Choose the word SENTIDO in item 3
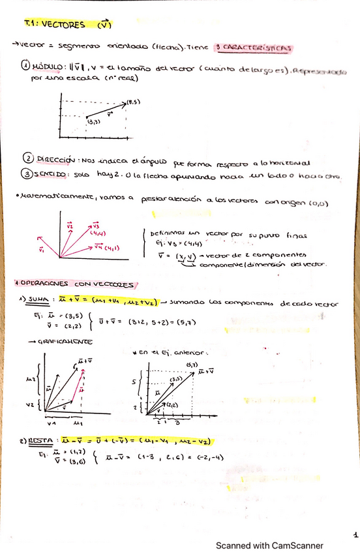pyautogui.click(x=52, y=174)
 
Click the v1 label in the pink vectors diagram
pyautogui.click(x=42, y=248)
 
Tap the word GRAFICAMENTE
pyautogui.click(x=60, y=340)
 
